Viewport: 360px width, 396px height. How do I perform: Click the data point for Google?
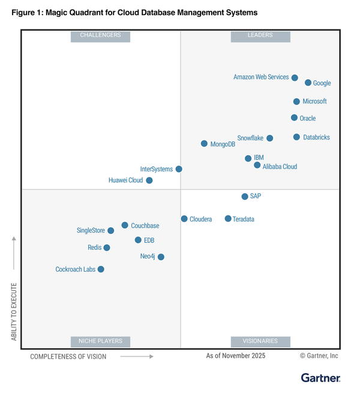[x=308, y=83]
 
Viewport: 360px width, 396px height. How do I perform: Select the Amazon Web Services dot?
[x=295, y=77]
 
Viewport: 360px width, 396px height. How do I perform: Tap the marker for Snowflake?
[x=269, y=138]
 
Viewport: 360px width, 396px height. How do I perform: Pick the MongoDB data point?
[x=204, y=143]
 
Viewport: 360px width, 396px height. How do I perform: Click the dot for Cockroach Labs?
[x=101, y=269]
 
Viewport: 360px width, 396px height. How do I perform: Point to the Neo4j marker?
[x=161, y=257]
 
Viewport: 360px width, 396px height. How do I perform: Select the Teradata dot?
[x=228, y=218]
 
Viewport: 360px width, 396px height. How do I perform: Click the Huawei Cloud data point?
[x=149, y=180]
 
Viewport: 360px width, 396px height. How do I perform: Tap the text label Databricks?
[x=316, y=137]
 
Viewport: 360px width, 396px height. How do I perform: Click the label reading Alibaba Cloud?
[x=280, y=166]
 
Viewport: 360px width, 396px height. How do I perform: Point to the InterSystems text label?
[x=156, y=169]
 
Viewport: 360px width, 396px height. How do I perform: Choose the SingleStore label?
[x=91, y=230]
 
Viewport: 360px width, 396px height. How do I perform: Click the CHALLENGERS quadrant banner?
[x=100, y=35]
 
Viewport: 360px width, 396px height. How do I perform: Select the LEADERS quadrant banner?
[x=260, y=35]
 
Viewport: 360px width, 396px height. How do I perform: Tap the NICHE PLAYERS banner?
[x=100, y=341]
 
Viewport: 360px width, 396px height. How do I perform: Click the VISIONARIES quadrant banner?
[x=260, y=341]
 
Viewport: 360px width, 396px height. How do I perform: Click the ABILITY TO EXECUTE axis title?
[x=14, y=311]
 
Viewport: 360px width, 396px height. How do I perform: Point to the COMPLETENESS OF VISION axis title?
[x=68, y=356]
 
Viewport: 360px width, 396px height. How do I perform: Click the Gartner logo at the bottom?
[x=320, y=378]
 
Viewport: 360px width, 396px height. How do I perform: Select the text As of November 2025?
[x=236, y=356]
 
